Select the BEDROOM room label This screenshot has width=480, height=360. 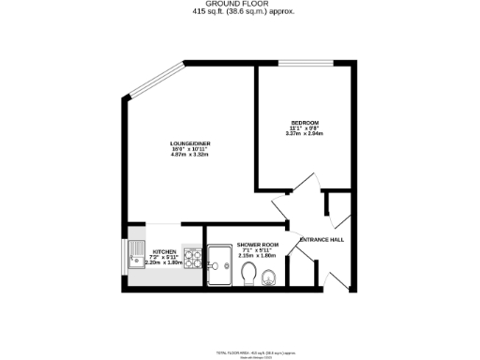tap(304, 123)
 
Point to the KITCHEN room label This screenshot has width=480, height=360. tap(165, 252)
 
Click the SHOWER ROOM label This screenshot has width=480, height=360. tap(256, 245)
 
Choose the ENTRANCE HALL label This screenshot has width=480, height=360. tap(322, 240)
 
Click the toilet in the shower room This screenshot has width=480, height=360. tap(249, 274)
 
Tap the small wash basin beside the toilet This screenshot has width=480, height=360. tap(270, 276)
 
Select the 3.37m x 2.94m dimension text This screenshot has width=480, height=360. tap(304, 134)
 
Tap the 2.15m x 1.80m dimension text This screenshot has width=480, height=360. tap(256, 256)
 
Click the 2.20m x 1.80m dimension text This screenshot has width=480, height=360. tap(165, 263)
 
